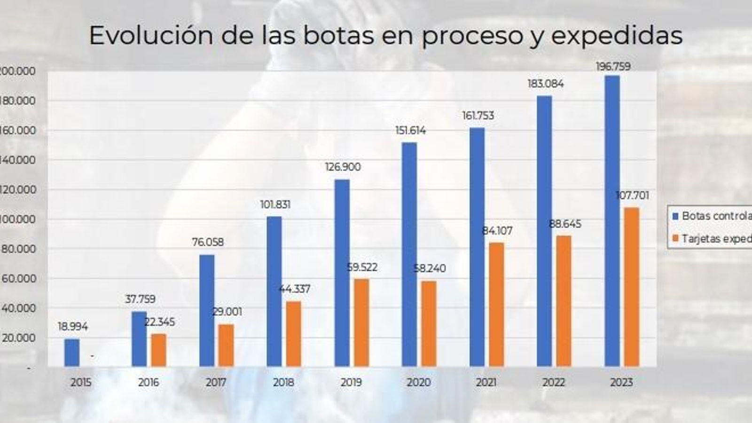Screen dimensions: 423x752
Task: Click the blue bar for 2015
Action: coord(72,352)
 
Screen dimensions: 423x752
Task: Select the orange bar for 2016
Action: coord(158,350)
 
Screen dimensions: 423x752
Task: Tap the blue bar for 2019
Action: coord(342,273)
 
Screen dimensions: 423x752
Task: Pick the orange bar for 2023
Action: coord(631,287)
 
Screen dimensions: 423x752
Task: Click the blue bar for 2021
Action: coord(477,247)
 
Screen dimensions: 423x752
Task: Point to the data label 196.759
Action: coord(613,67)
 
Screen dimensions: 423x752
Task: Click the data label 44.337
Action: coord(295,289)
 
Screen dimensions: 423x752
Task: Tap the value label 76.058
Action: coord(208,243)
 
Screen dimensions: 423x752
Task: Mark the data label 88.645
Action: coord(565,224)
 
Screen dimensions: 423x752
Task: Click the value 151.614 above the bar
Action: coord(410,131)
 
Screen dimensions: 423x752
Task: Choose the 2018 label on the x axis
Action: coord(283,383)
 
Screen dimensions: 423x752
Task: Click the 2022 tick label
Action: coord(554,383)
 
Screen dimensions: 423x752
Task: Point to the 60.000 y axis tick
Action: coord(19,279)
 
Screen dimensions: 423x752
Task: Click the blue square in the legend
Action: coord(675,217)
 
